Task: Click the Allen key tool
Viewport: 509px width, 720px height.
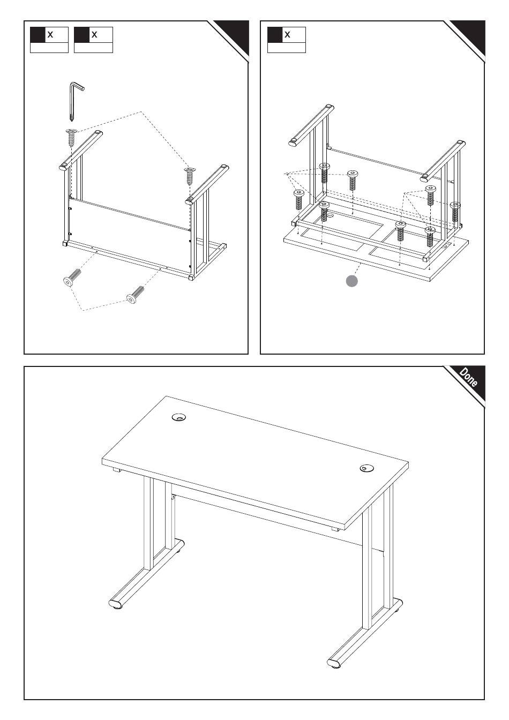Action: pyautogui.click(x=73, y=100)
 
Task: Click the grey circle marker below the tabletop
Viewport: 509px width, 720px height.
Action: pyautogui.click(x=352, y=281)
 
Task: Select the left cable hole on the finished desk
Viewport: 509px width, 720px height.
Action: pyautogui.click(x=179, y=417)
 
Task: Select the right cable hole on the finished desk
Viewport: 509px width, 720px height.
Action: pyautogui.click(x=367, y=468)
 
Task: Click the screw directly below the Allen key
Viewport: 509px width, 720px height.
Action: pyautogui.click(x=72, y=137)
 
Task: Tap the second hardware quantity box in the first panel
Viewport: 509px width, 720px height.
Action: pyautogui.click(x=93, y=40)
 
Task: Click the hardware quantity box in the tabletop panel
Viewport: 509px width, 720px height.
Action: pyautogui.click(x=286, y=40)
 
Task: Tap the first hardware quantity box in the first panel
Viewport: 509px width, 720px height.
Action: pyautogui.click(x=49, y=40)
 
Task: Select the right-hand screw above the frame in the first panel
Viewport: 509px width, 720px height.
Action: pyautogui.click(x=190, y=176)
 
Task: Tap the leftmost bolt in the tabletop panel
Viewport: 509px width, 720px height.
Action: pyautogui.click(x=299, y=200)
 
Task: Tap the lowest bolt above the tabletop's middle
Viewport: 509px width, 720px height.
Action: pyautogui.click(x=401, y=231)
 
